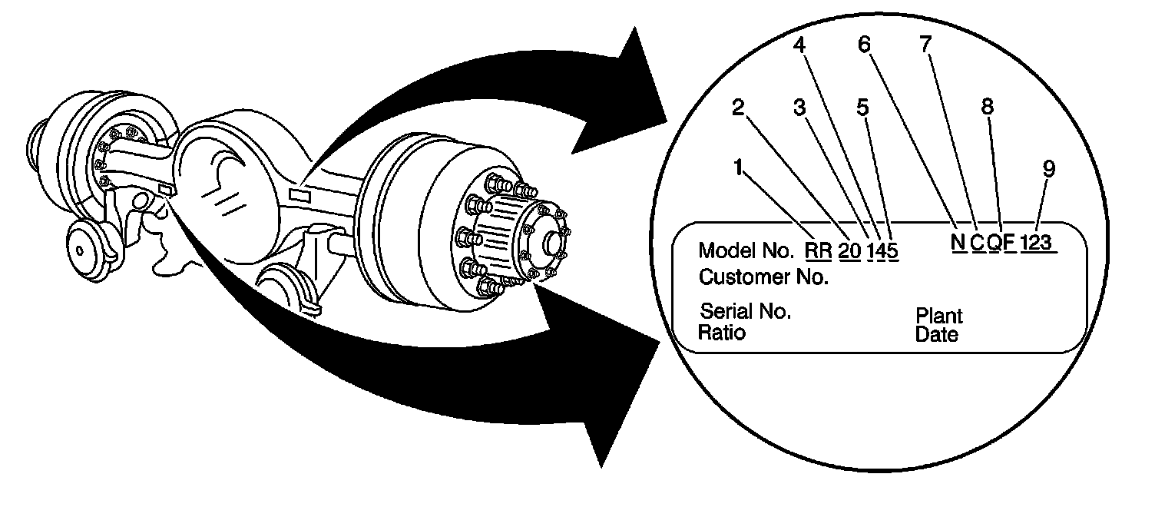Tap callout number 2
pyautogui.click(x=738, y=108)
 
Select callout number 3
pyautogui.click(x=799, y=108)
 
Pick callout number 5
pyautogui.click(x=863, y=108)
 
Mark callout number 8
pyautogui.click(x=988, y=108)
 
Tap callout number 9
pyautogui.click(x=1049, y=170)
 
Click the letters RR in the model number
pyautogui.click(x=819, y=250)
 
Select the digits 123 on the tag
pyautogui.click(x=1040, y=243)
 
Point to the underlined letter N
pyautogui.click(x=957, y=243)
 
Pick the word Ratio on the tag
pyautogui.click(x=721, y=333)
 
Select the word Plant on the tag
pyautogui.click(x=938, y=316)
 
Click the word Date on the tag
pyautogui.click(x=936, y=335)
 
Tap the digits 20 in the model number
pyautogui.click(x=850, y=250)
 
